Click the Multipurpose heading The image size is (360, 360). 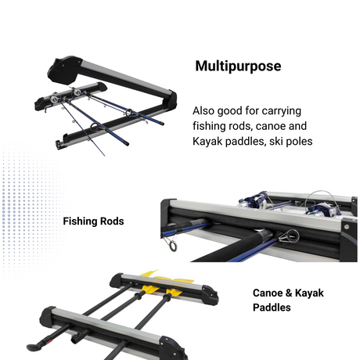coord(238,66)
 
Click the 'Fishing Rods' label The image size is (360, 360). coord(93,221)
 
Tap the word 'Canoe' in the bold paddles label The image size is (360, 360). coord(268,293)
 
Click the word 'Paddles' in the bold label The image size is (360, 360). coord(272,308)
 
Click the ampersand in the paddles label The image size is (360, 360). coord(289,293)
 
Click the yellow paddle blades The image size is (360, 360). coord(167,283)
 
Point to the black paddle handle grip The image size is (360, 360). coord(34,347)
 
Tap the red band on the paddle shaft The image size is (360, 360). coord(48,341)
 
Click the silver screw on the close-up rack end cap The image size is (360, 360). coord(347,226)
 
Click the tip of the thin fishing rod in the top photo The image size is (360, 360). coord(105,156)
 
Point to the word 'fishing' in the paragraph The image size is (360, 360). coord(209,126)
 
